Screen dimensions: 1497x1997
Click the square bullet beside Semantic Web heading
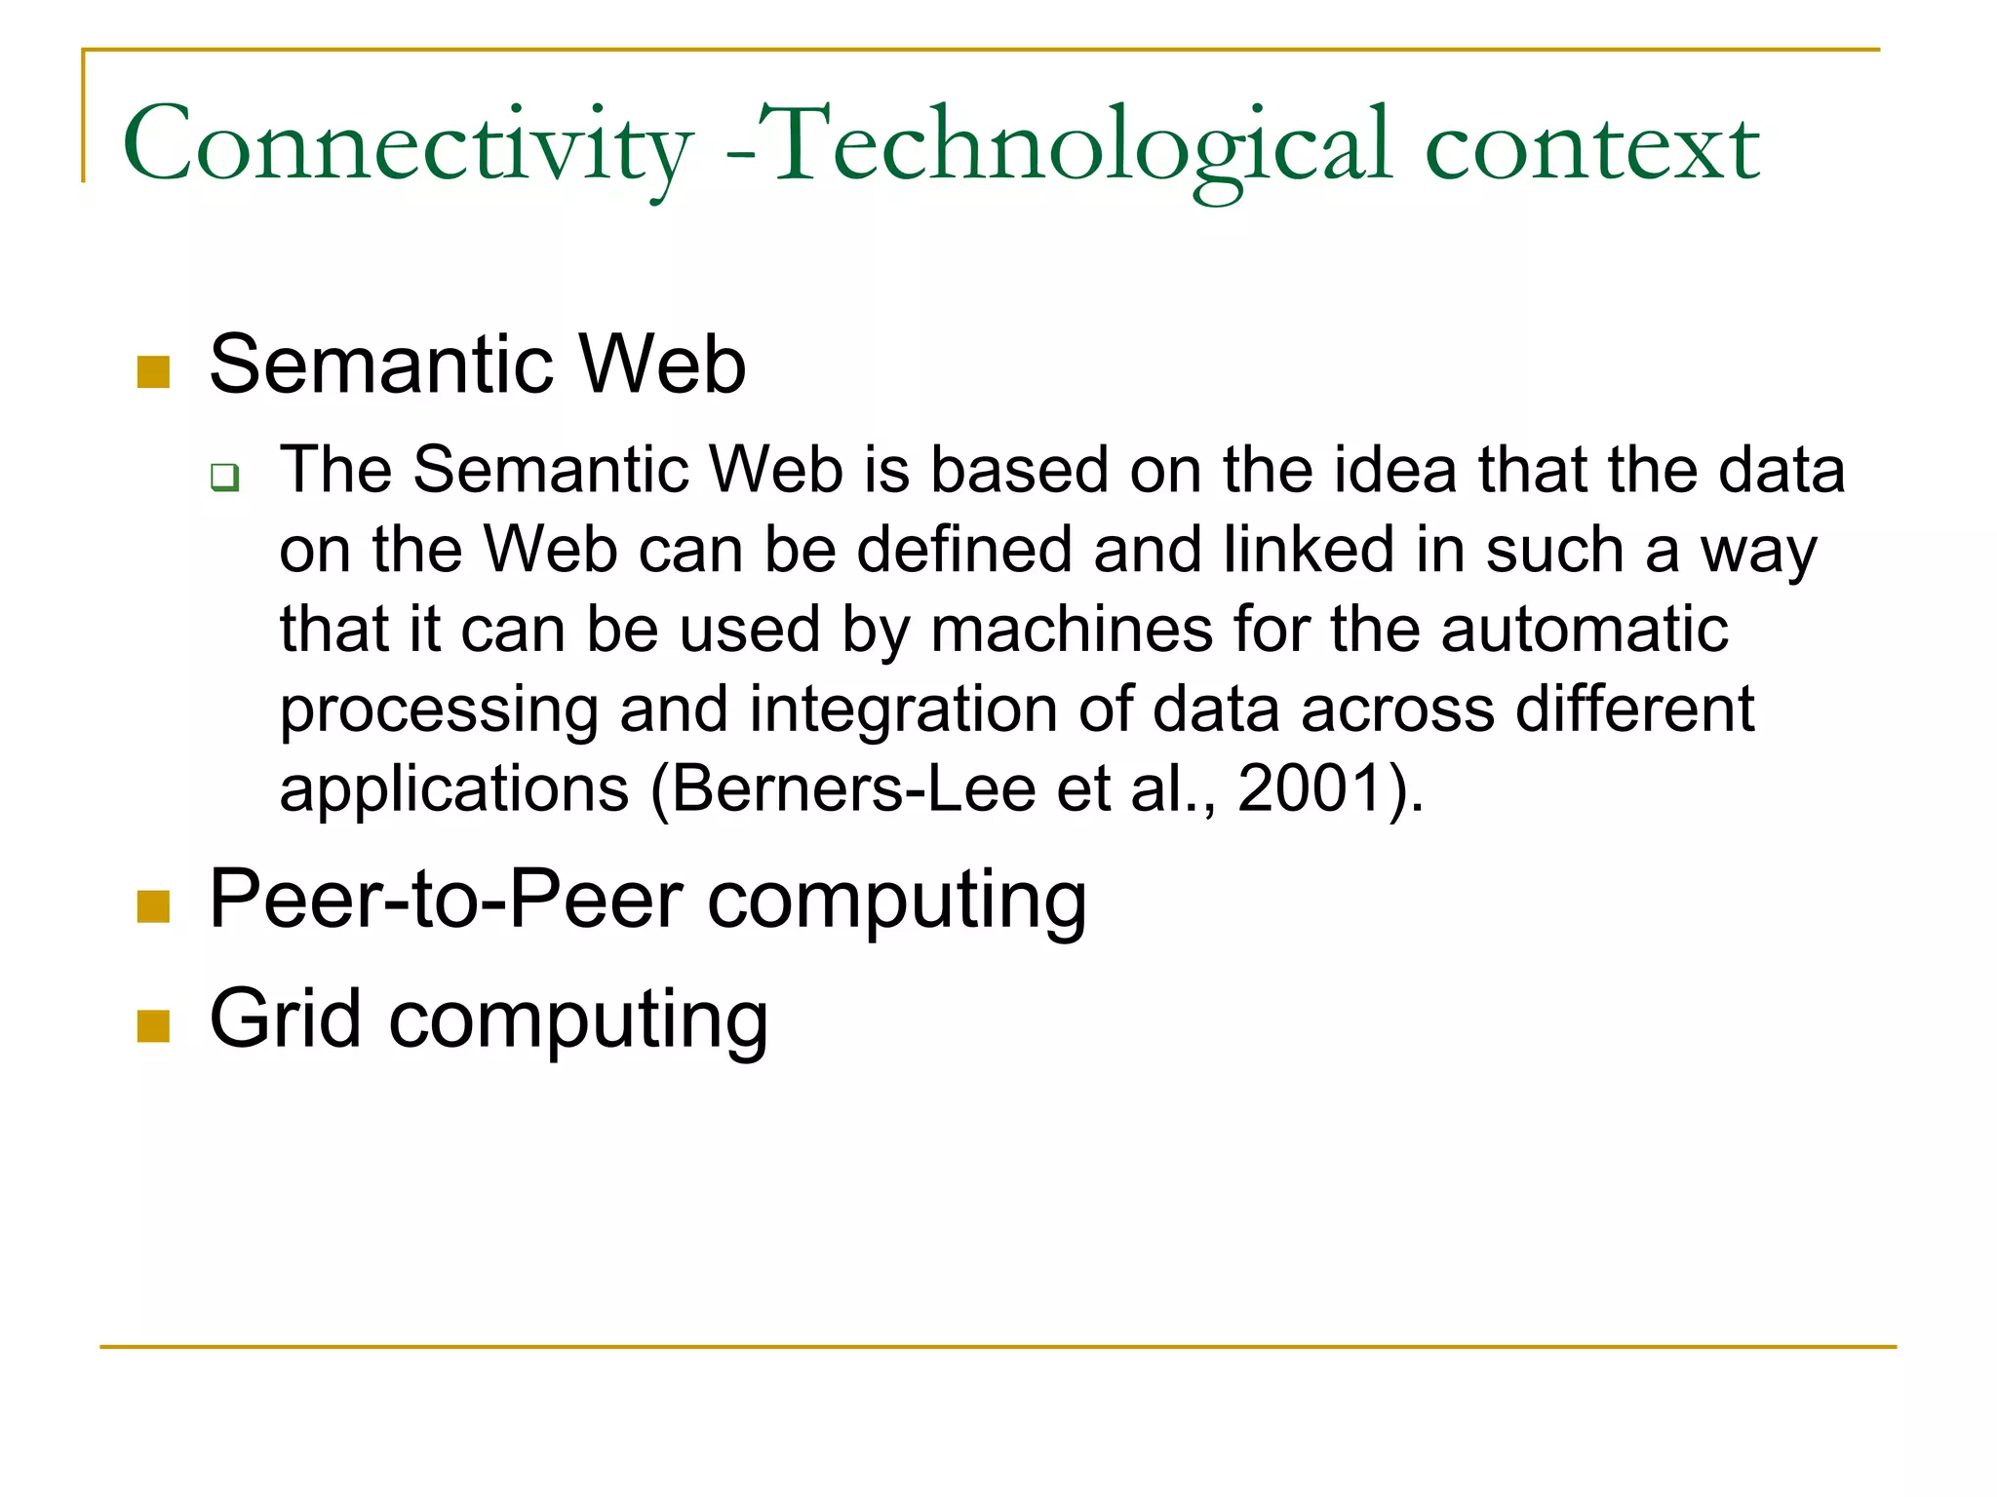[x=154, y=371]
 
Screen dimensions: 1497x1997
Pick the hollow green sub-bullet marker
[x=225, y=478]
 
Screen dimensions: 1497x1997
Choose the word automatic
[x=1585, y=630]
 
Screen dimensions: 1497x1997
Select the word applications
[x=454, y=789]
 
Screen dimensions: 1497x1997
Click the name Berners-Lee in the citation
[x=853, y=788]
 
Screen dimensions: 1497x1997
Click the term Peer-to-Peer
[x=446, y=900]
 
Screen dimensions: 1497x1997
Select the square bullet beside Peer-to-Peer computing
[x=154, y=906]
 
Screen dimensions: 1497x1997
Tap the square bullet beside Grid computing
[x=154, y=1025]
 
